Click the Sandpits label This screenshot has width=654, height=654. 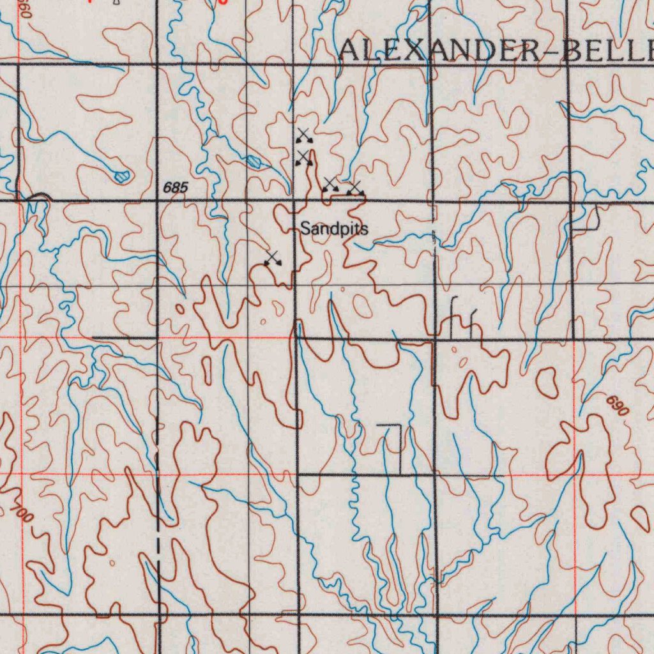click(334, 229)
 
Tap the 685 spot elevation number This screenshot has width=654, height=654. click(176, 188)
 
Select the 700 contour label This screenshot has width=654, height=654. click(22, 512)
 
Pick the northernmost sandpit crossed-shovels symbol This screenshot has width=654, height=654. click(303, 135)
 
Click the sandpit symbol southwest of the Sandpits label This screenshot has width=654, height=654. click(273, 259)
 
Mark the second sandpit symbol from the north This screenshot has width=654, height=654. click(303, 158)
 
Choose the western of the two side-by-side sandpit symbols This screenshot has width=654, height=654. click(330, 185)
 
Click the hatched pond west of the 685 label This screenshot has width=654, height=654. click(121, 175)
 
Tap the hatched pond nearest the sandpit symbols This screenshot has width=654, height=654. click(254, 161)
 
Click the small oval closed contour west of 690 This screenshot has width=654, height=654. click(546, 381)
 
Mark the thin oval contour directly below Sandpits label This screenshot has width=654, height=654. click(362, 306)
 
